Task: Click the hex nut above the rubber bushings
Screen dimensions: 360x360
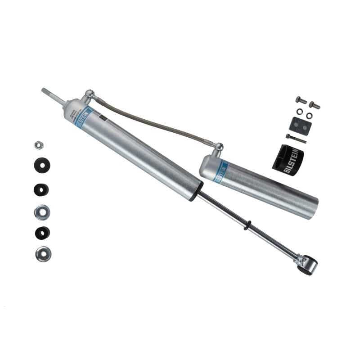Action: point(39,145)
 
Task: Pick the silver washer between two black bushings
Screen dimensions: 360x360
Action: point(42,211)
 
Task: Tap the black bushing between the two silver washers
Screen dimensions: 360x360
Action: point(42,233)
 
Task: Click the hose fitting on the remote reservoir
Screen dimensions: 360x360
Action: point(217,148)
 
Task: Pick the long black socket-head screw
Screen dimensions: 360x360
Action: point(296,139)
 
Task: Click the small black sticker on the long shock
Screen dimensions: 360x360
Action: point(102,118)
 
